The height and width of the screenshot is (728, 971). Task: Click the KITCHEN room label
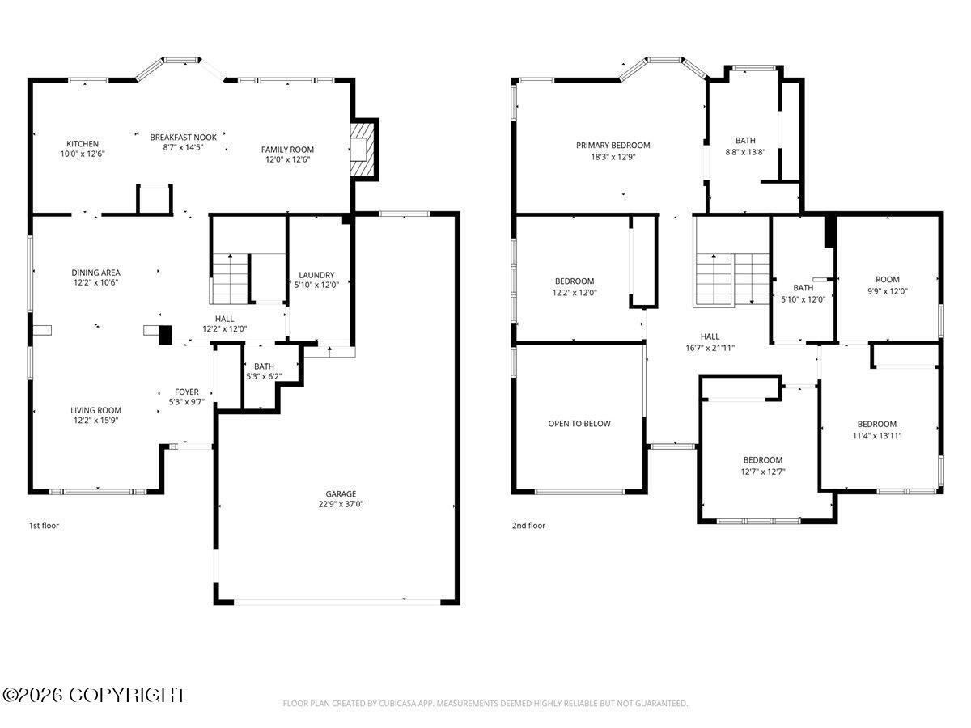83,144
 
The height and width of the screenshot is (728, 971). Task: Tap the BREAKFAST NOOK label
183,137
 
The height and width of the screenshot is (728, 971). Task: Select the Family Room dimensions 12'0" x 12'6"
287,159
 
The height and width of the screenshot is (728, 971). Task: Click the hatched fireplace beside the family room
363,150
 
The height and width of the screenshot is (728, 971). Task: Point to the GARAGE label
341,493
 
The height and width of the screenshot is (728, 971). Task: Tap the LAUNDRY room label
316,275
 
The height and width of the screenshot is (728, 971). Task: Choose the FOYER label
187,392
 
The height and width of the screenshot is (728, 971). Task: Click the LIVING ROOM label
95,410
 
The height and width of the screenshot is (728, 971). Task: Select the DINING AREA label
95,273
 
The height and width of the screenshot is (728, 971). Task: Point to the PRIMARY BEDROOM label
613,145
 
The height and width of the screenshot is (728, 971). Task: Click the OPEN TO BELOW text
579,423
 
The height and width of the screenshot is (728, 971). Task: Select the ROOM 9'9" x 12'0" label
888,285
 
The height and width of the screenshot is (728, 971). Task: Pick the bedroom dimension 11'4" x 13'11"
877,435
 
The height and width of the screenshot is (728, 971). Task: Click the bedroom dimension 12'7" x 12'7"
763,472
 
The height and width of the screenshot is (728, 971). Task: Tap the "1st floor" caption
44,526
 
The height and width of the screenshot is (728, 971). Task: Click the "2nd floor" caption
528,526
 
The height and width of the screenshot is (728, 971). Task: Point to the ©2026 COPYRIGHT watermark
93,696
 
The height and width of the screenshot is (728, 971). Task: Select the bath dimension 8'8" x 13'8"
745,152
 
